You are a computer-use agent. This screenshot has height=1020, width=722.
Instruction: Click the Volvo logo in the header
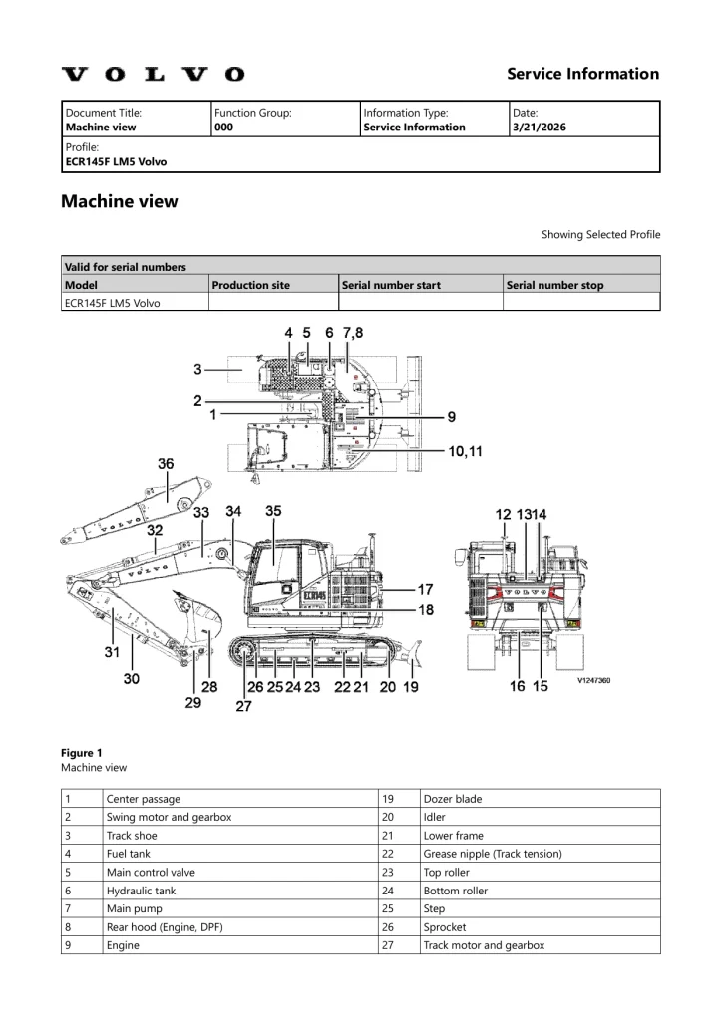tap(153, 74)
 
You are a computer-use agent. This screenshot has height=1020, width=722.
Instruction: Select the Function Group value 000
tap(223, 127)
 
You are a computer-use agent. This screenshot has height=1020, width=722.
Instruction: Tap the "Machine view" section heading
tap(120, 201)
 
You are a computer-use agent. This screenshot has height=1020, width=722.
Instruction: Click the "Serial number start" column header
tap(391, 285)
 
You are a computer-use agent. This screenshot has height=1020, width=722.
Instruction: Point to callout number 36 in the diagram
tap(166, 462)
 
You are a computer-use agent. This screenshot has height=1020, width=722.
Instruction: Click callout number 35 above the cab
tap(273, 511)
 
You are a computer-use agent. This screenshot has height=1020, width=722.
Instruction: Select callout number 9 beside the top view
tap(451, 416)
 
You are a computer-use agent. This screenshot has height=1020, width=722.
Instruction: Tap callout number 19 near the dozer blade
tap(410, 687)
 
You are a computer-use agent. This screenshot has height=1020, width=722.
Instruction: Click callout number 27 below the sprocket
tap(243, 706)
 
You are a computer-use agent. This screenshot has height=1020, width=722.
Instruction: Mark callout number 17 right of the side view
tap(425, 588)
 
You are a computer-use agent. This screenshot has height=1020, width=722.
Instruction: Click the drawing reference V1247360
tap(593, 681)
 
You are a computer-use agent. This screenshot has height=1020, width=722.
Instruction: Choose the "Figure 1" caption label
tap(81, 753)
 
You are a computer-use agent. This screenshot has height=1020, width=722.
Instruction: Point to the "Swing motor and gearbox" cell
tap(169, 817)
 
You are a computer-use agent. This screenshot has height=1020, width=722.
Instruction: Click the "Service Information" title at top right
tap(582, 74)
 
